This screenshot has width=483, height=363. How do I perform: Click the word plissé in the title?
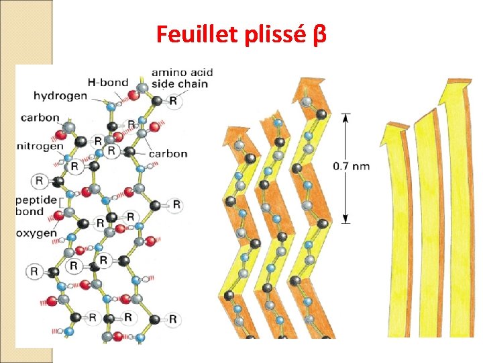click(275, 34)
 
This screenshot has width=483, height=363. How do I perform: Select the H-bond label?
click(111, 83)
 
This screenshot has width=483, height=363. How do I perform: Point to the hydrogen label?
click(60, 95)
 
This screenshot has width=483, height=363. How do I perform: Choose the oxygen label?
click(38, 233)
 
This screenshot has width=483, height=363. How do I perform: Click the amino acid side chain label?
click(179, 77)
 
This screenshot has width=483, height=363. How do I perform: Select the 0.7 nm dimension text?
click(350, 166)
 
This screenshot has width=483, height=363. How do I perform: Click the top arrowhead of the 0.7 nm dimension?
click(345, 116)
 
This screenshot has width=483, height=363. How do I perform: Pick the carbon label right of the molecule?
click(168, 153)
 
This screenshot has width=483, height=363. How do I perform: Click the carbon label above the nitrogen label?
click(40, 118)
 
